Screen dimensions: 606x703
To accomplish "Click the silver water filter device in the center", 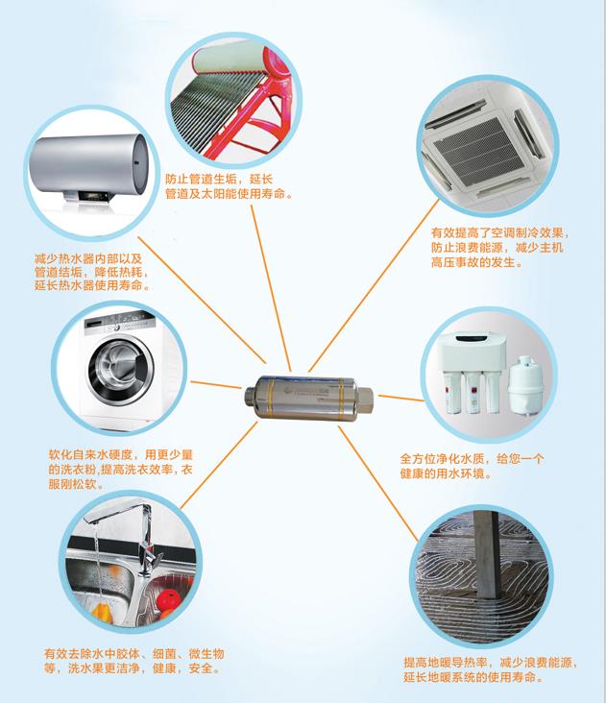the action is pyautogui.click(x=309, y=399).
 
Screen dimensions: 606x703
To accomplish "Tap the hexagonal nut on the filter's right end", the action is pyautogui.click(x=364, y=400).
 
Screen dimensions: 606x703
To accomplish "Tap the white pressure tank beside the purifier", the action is pyautogui.click(x=523, y=385).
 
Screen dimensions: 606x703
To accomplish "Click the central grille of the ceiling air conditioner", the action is pyautogui.click(x=476, y=151).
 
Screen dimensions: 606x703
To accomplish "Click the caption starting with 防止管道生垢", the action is pyautogui.click(x=229, y=186).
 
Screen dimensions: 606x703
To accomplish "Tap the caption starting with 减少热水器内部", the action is pyautogui.click(x=92, y=272).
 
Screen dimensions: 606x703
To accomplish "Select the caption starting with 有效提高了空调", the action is pyautogui.click(x=500, y=248).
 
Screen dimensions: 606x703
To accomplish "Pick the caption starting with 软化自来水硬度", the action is pyautogui.click(x=121, y=470).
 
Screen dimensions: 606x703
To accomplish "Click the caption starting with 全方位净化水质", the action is pyautogui.click(x=472, y=466).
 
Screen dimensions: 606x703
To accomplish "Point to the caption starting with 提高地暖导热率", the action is pyautogui.click(x=490, y=669).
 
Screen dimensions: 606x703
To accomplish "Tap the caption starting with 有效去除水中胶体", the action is pyautogui.click(x=134, y=661).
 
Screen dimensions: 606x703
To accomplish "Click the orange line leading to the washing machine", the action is pyautogui.click(x=216, y=385).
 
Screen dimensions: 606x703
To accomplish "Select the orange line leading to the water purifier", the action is pyautogui.click(x=400, y=399).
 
